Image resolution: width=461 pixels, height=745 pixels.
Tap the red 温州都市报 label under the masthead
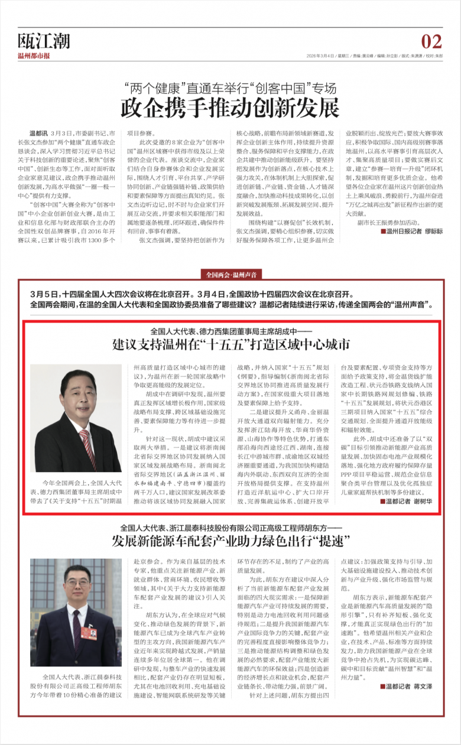tap(34, 56)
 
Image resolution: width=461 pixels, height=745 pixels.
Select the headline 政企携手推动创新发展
tap(230, 108)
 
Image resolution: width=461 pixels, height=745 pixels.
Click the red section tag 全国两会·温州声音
tap(230, 274)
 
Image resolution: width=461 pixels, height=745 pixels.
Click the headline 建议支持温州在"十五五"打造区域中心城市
tap(231, 344)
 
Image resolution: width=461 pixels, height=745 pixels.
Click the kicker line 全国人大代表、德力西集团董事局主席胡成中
tap(230, 331)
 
